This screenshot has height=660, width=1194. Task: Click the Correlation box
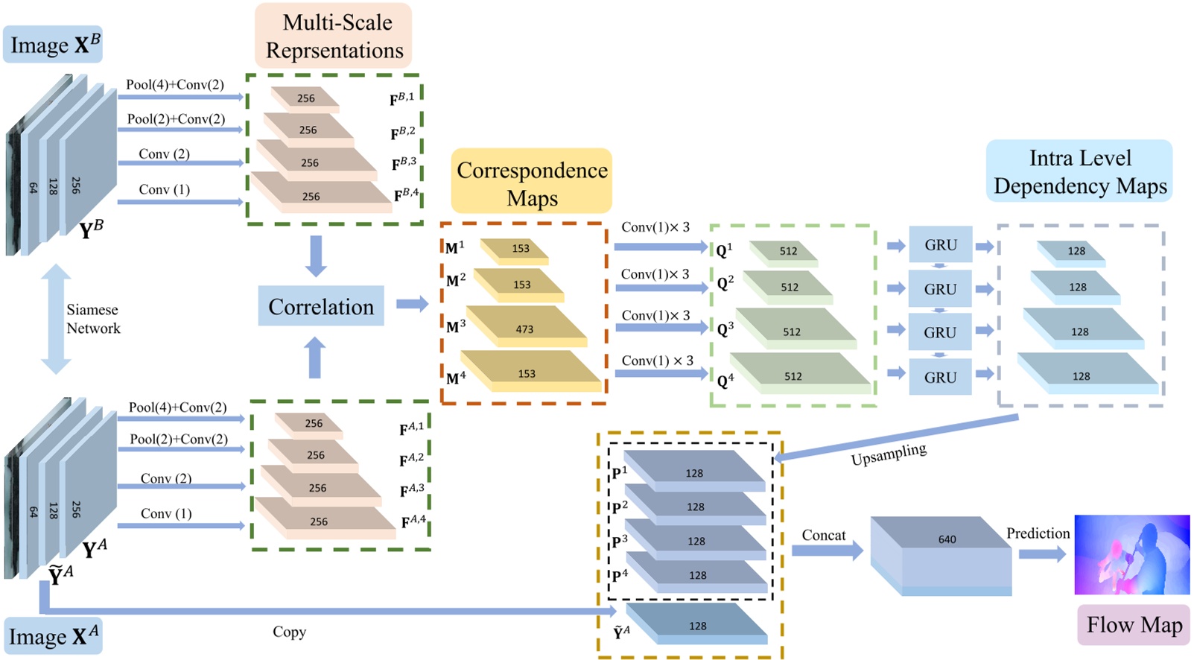pos(321,306)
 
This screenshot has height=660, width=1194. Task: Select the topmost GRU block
pos(940,244)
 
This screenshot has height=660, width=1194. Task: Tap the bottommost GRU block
pos(940,377)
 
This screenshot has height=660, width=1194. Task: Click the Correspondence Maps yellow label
pos(532,183)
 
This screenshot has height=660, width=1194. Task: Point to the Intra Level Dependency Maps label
pos(1079,171)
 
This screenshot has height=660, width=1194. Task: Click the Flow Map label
pos(1134,624)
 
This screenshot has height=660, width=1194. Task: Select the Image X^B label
pos(54,45)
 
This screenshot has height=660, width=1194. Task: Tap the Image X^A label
pos(53,636)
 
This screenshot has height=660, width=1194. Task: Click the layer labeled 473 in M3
pos(525,328)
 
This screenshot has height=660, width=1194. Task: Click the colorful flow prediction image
pos(1131,554)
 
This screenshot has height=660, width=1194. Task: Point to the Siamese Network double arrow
pos(55,319)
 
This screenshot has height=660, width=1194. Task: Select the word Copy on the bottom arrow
pos(289,632)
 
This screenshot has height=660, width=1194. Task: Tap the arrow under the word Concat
pos(826,550)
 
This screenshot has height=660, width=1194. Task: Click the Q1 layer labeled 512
pos(787,251)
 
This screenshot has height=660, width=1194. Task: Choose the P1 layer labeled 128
pos(694,472)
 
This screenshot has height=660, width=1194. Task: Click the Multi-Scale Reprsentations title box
pos(334,36)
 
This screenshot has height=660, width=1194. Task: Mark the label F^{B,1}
pos(402,98)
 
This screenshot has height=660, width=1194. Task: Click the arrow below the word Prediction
pos(1041,553)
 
